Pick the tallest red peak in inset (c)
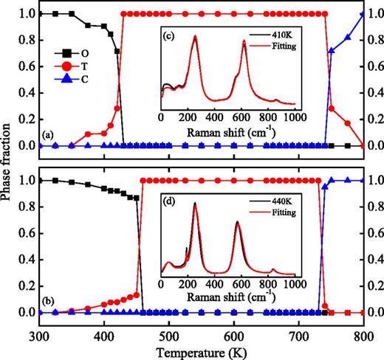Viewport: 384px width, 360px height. [x=196, y=36]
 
